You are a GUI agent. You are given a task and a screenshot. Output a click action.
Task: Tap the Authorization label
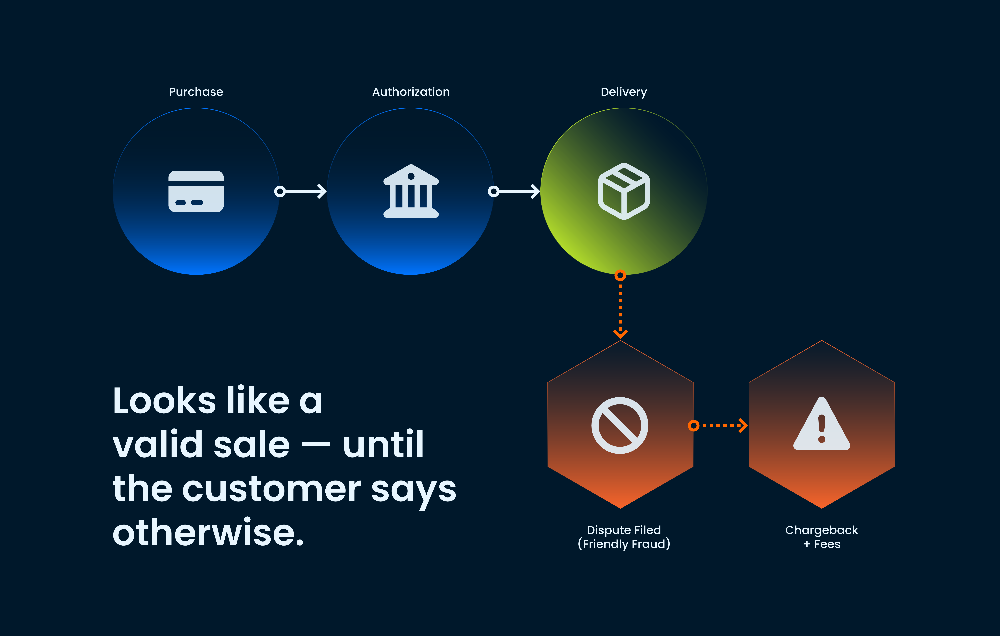411,92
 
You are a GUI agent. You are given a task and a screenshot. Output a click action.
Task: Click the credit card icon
196,192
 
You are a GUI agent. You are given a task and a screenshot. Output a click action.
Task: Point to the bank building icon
411,191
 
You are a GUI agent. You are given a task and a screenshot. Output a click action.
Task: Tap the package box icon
624,191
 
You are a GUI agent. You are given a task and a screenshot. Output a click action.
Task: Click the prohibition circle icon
620,425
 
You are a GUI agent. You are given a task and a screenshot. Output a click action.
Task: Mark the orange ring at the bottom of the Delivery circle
620,275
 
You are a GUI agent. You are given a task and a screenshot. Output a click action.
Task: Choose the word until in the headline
383,444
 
